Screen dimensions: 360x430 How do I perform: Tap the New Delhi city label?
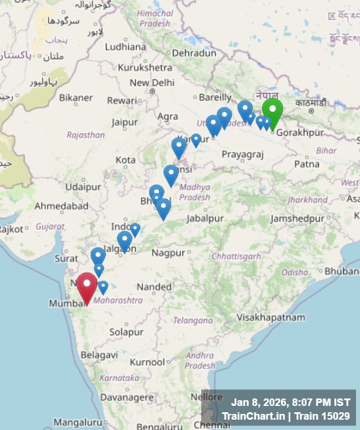coord(152,83)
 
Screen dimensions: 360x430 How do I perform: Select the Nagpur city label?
coord(169,252)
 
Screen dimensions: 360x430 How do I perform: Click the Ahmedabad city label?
coord(61,206)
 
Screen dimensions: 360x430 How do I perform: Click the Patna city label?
coord(307,164)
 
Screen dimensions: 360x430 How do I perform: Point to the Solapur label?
coord(126,332)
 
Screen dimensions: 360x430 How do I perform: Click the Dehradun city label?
coord(194,53)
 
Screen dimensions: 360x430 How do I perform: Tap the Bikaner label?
coord(76,98)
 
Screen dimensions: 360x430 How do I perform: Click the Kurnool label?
coord(147,362)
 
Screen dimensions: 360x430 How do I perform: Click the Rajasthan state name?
coord(86,135)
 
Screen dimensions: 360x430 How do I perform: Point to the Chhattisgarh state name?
coord(237,256)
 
